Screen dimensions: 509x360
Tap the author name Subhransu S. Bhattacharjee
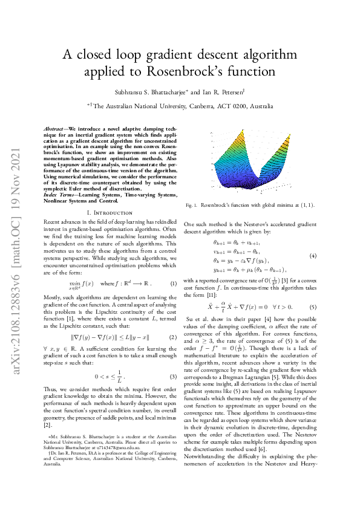(152, 92)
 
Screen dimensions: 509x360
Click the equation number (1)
(173, 267)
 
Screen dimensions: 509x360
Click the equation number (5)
(313, 307)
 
